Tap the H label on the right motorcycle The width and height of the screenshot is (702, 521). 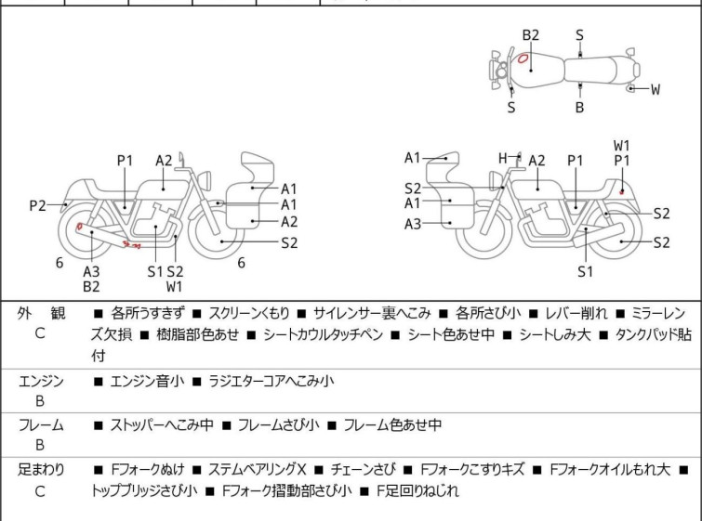[502, 159]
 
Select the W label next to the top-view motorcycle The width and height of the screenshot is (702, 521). [656, 90]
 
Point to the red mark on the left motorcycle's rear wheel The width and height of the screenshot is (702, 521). [80, 226]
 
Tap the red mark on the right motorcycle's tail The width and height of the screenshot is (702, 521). [621, 191]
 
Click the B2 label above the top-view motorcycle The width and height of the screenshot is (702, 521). [530, 35]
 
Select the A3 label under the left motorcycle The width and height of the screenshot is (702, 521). [91, 271]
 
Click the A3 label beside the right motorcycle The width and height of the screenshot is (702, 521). [412, 223]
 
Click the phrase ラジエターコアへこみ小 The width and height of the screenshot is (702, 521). [265, 381]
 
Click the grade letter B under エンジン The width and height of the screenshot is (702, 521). [40, 401]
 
